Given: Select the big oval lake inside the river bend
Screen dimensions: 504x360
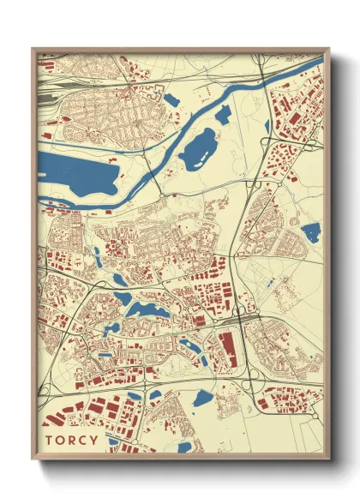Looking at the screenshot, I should pyautogui.click(x=201, y=147).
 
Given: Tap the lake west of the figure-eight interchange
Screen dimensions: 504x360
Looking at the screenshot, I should pyautogui.click(x=203, y=398).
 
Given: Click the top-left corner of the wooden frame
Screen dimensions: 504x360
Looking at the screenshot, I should pyautogui.click(x=33, y=49).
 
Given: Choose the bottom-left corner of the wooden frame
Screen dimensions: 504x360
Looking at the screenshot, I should pyautogui.click(x=33, y=458).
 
